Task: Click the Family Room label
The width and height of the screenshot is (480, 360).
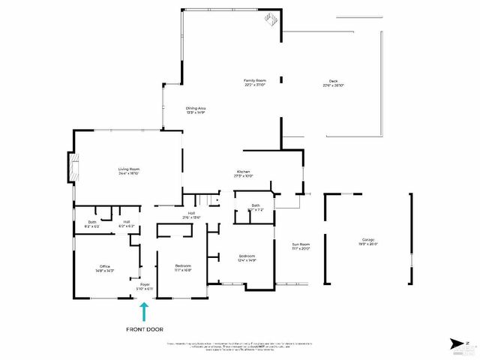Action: tap(255, 80)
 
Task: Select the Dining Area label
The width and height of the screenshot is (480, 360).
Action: tap(196, 108)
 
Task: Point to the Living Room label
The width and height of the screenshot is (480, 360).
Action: tap(129, 169)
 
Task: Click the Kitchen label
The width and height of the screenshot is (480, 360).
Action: tap(243, 172)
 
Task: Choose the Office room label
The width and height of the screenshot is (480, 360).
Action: tap(105, 265)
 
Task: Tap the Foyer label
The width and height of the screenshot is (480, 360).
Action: tap(143, 284)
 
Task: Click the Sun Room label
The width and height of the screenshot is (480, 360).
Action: tap(301, 244)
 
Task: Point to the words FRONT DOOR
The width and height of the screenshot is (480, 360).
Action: tap(145, 329)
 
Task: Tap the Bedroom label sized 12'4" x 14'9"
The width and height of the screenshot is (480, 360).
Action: tap(247, 256)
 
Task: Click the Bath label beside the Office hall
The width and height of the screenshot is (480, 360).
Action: tap(92, 222)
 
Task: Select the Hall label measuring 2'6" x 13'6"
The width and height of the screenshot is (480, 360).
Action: tap(192, 213)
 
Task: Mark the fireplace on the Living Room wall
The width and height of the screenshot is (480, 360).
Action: tap(72, 168)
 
